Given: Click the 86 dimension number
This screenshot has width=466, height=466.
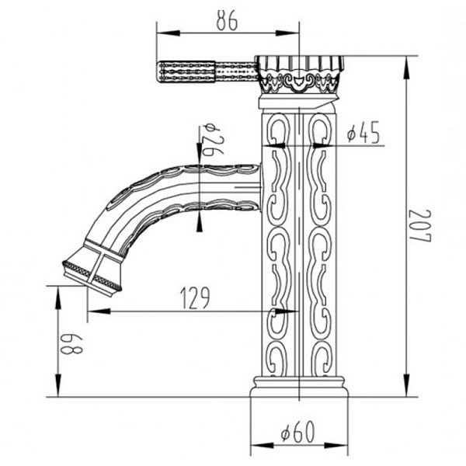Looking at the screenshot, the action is [227, 20].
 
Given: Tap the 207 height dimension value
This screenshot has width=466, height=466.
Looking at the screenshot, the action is [420, 226].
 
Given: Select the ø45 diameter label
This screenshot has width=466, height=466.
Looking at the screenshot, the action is [363, 132].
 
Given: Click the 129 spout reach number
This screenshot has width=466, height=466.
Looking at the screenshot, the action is [195, 297].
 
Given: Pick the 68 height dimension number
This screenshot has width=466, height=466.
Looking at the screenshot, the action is [71, 344].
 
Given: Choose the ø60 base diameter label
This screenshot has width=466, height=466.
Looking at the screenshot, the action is [297, 432].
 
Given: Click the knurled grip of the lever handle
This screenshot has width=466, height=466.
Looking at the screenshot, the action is [186, 71].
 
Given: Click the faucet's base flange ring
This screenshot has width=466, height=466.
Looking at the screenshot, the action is [299, 387].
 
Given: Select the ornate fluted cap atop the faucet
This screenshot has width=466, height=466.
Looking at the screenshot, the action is [300, 75].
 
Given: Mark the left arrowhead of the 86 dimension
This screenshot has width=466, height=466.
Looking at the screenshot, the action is [169, 33].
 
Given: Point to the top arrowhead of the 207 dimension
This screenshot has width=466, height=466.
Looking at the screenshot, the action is [407, 68].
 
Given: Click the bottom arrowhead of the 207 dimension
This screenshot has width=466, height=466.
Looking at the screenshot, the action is [407, 384].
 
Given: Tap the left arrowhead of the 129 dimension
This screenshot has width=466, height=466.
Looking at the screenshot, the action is [99, 311].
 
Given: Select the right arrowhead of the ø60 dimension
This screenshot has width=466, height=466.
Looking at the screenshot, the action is [336, 445].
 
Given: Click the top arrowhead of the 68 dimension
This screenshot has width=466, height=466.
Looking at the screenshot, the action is [58, 297].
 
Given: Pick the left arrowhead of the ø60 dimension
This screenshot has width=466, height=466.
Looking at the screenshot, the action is [263, 445].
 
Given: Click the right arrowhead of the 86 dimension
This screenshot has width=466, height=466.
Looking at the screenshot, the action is [287, 33].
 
